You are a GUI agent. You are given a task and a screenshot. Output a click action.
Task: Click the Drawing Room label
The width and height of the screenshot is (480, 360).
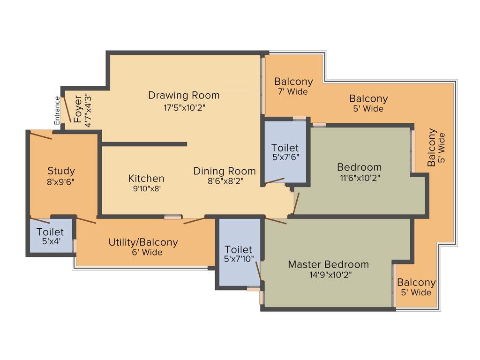click(184, 96)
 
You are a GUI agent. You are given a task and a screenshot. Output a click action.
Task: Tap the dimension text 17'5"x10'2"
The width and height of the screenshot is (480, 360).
click(184, 107)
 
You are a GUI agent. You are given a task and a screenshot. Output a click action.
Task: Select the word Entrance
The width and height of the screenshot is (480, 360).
click(57, 110)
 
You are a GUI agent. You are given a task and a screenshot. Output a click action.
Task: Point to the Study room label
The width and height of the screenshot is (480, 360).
click(61, 171)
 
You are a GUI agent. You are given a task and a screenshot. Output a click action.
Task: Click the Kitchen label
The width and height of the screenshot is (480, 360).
click(146, 179)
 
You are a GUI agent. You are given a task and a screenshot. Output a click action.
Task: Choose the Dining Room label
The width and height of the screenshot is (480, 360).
click(225, 171)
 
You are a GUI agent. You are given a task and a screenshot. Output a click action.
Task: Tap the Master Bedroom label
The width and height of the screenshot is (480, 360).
click(328, 264)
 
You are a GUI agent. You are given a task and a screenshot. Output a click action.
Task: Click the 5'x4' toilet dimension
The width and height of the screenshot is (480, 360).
click(50, 242)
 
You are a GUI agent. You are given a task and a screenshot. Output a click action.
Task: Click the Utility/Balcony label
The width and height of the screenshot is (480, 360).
click(143, 242)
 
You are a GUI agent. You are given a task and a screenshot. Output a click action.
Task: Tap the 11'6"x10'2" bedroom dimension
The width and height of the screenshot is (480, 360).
click(359, 178)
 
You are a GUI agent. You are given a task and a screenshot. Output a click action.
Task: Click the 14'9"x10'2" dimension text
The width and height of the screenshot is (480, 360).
click(328, 275)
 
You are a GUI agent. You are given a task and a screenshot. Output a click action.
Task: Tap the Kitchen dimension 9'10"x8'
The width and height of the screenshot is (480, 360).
click(146, 189)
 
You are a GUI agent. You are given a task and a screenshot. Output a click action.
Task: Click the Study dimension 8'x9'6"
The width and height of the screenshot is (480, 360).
click(61, 182)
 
